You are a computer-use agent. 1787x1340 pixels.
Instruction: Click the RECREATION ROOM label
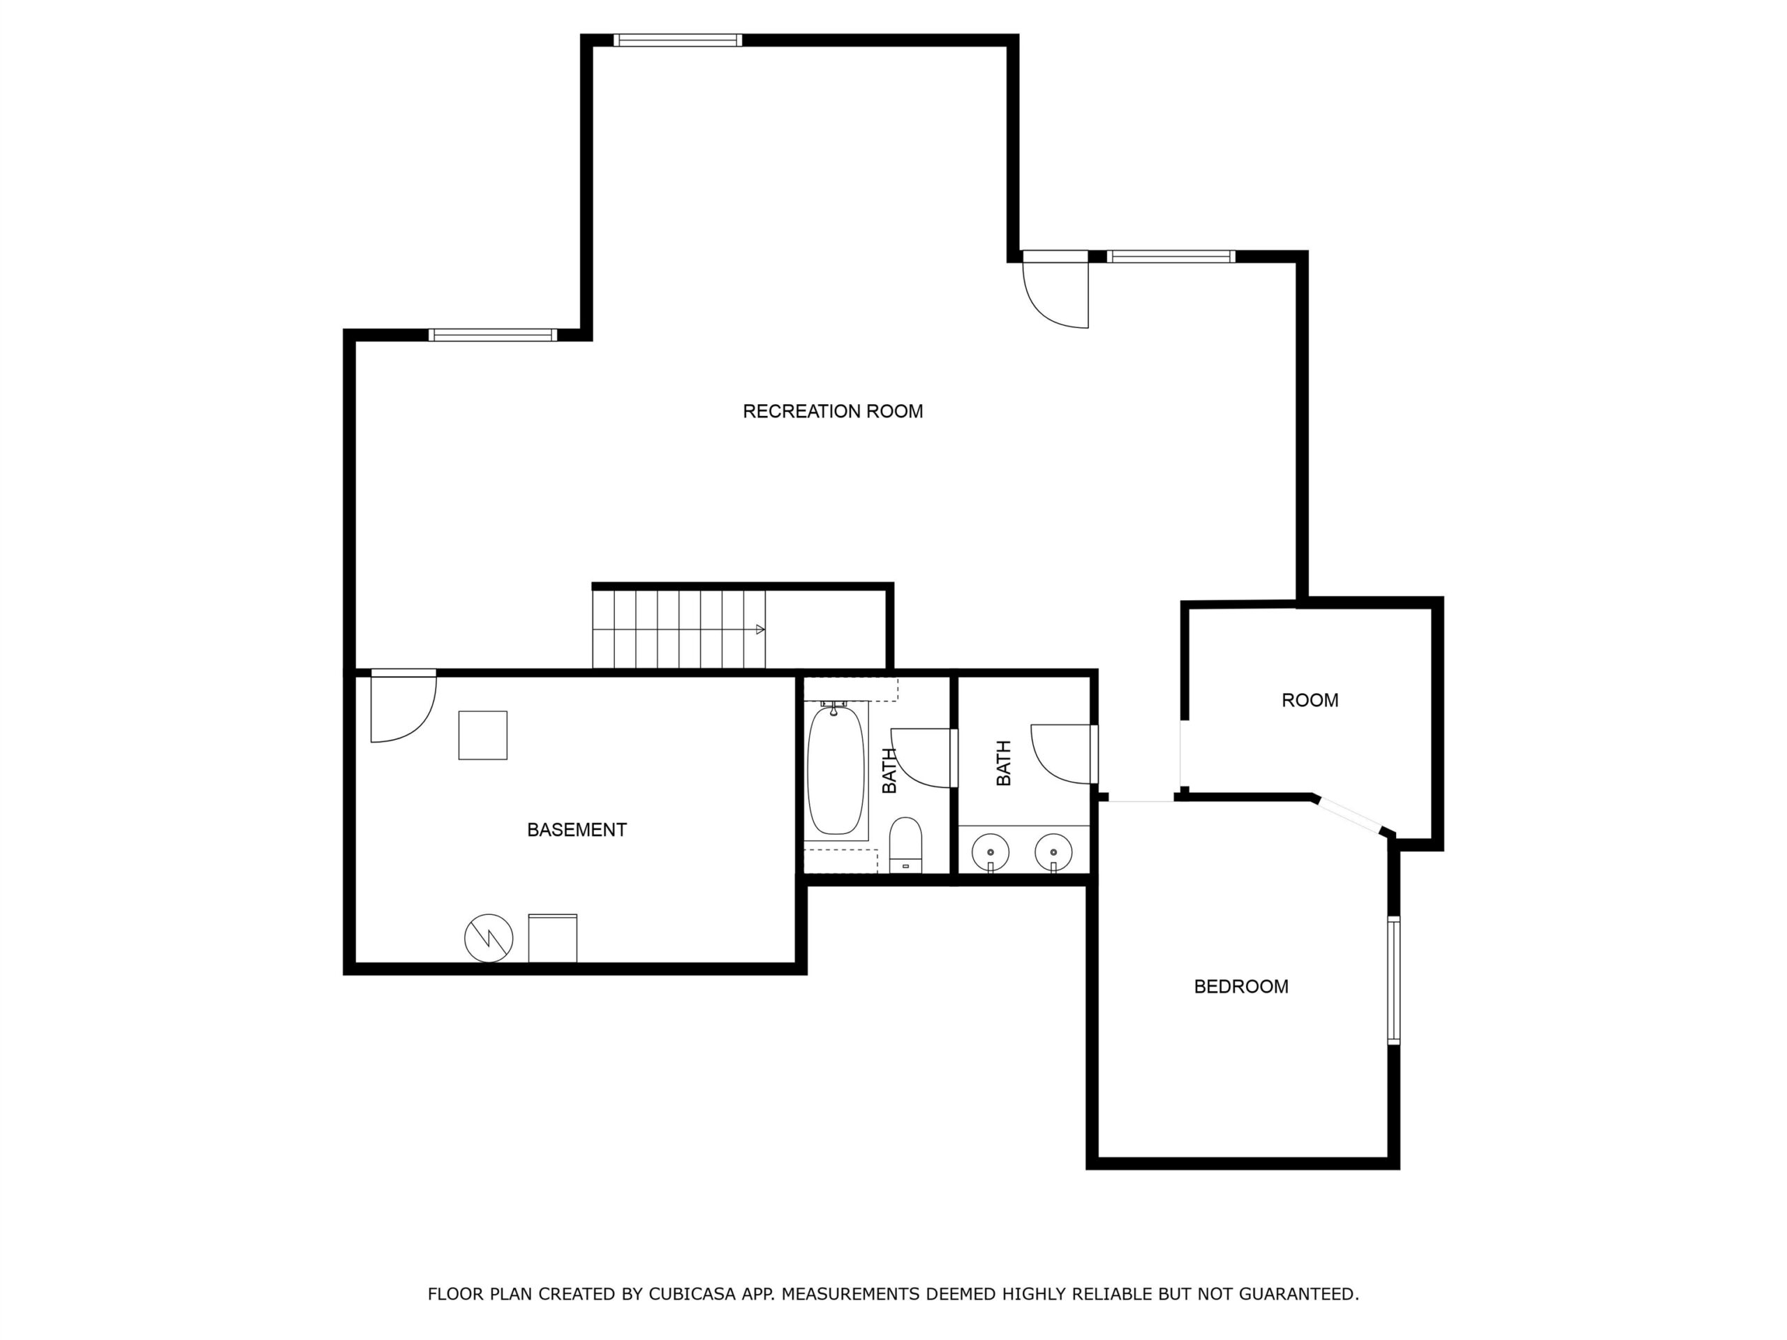[x=832, y=411]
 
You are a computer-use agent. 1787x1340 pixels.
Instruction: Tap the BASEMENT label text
[x=577, y=830]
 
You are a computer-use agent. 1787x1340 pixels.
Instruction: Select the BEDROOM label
[x=1241, y=986]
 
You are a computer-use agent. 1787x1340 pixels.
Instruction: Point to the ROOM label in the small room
[x=1310, y=700]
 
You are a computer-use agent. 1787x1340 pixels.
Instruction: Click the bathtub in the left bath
[x=836, y=770]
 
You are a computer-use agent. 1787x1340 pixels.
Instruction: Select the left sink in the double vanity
[x=990, y=852]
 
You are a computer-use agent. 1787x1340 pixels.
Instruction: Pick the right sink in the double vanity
[x=1053, y=852]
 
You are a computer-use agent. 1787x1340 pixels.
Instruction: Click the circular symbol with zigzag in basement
[x=489, y=938]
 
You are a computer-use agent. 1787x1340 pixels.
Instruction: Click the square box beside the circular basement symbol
[x=553, y=938]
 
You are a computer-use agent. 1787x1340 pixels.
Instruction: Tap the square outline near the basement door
[x=483, y=735]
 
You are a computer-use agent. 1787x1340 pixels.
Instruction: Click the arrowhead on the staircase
[x=760, y=630]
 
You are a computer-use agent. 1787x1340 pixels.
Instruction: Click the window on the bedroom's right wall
[x=1393, y=981]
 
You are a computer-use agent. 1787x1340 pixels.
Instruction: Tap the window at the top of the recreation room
[x=677, y=40]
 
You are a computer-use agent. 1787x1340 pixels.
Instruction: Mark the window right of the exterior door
[x=1171, y=257]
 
